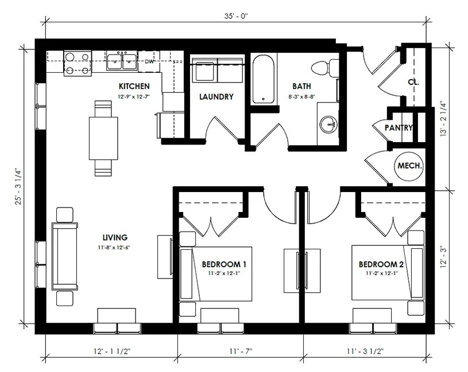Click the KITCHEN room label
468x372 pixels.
pyautogui.click(x=134, y=86)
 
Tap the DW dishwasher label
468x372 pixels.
pyautogui.click(x=149, y=61)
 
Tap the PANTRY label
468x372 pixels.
pyautogui.click(x=399, y=128)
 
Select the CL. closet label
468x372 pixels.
pyautogui.click(x=413, y=82)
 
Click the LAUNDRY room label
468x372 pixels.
pyautogui.click(x=216, y=97)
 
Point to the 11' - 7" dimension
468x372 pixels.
pyautogui.click(x=240, y=351)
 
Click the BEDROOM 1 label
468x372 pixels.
pyautogui.click(x=224, y=264)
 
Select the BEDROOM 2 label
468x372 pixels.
pyautogui.click(x=381, y=264)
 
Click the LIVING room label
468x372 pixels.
pyautogui.click(x=115, y=237)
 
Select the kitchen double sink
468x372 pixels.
pyautogui.click(x=122, y=61)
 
